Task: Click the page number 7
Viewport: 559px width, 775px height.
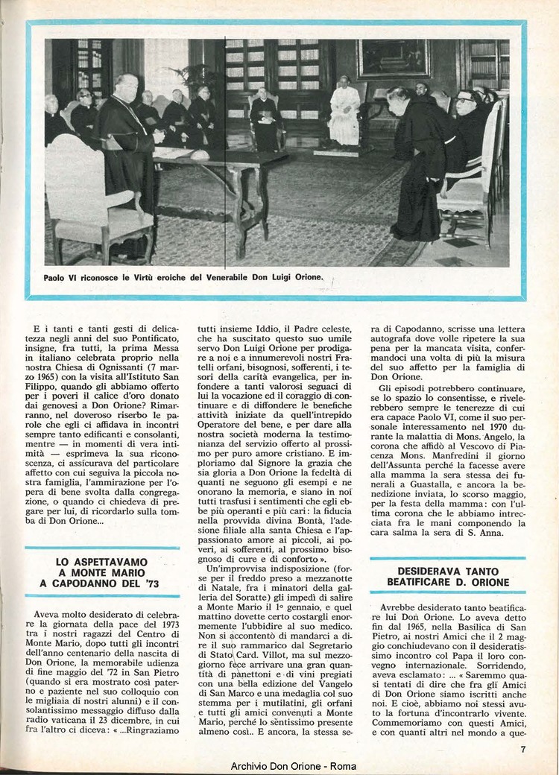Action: (524, 750)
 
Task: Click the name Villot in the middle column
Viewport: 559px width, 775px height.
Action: (281, 675)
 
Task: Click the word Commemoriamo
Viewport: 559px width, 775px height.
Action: (411, 724)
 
